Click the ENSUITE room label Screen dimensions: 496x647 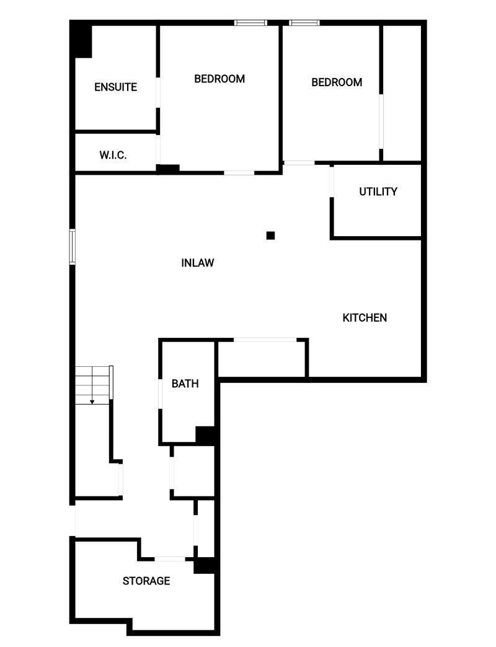(115, 87)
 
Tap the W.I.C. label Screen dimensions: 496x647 (113, 155)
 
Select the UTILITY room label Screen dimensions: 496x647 (378, 191)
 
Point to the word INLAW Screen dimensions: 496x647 (198, 263)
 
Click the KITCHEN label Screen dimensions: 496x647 (365, 318)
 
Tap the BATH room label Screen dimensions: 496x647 (185, 384)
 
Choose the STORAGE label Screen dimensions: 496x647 (146, 581)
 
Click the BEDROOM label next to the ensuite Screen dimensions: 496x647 (219, 79)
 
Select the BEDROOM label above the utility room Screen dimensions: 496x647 (337, 82)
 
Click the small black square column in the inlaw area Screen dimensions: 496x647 (270, 235)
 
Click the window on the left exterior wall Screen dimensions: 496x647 (72, 246)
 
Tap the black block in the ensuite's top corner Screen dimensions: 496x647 (81, 40)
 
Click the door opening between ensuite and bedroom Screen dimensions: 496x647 (158, 93)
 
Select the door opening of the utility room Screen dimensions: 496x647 (332, 182)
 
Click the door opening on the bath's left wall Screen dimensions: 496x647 (161, 394)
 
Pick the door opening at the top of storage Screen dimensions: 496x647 (170, 559)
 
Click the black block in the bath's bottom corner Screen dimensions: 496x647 (205, 436)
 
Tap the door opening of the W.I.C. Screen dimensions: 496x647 (158, 149)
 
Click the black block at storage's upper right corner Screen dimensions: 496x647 (204, 565)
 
